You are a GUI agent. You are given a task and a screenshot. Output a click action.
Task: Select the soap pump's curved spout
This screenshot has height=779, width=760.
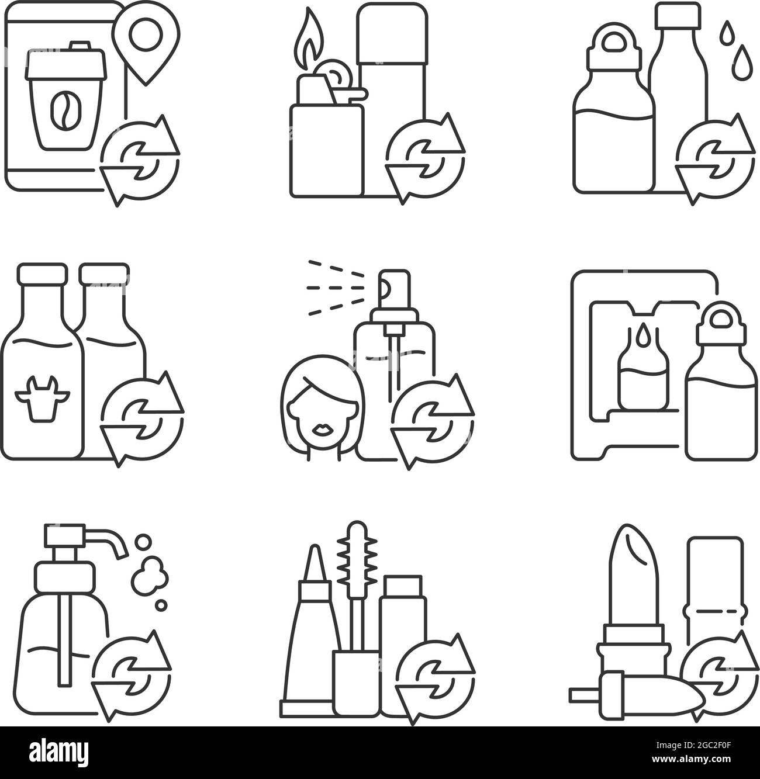pyautogui.click(x=108, y=537)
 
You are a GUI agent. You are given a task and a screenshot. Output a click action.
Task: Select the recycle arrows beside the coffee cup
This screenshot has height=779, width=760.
pyautogui.click(x=139, y=161)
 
